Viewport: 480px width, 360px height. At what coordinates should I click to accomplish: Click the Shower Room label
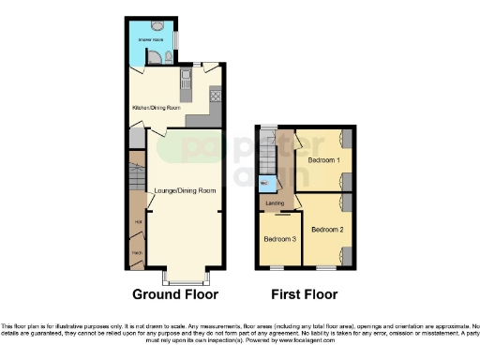tap(152, 41)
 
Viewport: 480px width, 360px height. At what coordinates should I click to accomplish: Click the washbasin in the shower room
tap(168, 57)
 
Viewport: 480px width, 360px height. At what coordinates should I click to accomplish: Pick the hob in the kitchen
tap(214, 95)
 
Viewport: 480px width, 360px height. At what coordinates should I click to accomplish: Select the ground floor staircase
tap(138, 178)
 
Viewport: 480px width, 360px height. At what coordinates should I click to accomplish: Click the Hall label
tap(138, 221)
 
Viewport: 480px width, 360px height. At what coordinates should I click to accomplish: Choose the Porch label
tap(137, 253)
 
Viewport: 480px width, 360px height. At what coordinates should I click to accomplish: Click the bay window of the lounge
tap(184, 277)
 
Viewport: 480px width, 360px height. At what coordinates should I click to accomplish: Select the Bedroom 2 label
tap(328, 229)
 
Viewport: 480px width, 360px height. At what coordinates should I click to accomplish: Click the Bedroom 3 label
tap(279, 239)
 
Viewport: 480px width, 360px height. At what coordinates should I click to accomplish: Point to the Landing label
tap(275, 202)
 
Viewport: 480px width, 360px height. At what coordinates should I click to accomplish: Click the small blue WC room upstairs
tap(264, 183)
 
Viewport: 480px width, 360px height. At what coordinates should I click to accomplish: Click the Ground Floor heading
tap(175, 294)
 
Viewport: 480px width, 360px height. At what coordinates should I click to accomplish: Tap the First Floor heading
tap(305, 294)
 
